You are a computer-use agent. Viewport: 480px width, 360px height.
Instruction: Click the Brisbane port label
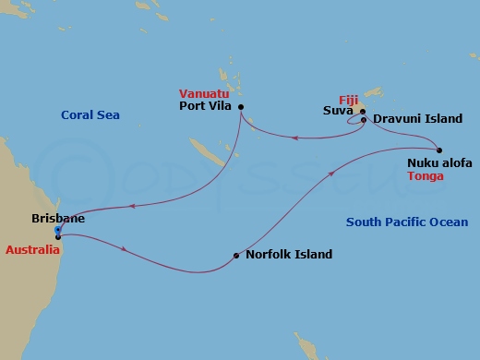(x=57, y=219)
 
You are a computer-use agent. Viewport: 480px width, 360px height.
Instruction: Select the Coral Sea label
(x=91, y=115)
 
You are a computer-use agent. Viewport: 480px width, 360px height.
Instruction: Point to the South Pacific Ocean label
(x=406, y=222)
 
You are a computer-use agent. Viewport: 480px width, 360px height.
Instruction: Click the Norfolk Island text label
(x=289, y=255)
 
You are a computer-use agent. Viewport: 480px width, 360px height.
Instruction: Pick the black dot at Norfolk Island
(x=236, y=256)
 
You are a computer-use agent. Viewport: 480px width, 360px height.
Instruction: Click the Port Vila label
(x=206, y=106)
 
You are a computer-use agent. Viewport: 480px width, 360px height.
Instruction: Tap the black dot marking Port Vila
(x=241, y=107)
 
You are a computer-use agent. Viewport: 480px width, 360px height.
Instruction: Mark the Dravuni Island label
(x=413, y=119)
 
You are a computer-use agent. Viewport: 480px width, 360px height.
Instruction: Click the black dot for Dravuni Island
(x=364, y=119)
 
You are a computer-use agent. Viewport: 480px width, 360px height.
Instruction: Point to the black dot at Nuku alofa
(x=439, y=150)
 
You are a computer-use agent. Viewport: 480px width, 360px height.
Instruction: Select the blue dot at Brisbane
(x=57, y=230)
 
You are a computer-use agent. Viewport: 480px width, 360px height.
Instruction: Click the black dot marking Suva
(x=363, y=111)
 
